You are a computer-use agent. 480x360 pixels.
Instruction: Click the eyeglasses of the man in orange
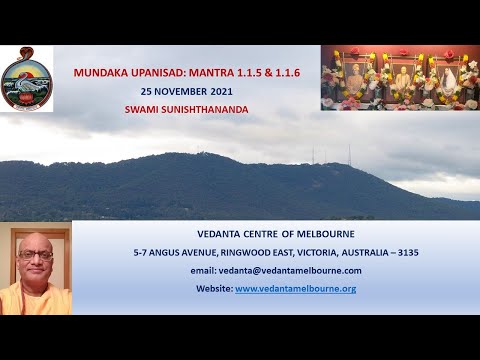[34, 255]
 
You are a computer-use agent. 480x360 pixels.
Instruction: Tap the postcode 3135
[408, 252]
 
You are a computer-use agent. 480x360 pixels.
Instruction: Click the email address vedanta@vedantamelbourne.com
[276, 270]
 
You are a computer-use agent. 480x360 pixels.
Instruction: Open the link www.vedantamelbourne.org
[295, 288]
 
